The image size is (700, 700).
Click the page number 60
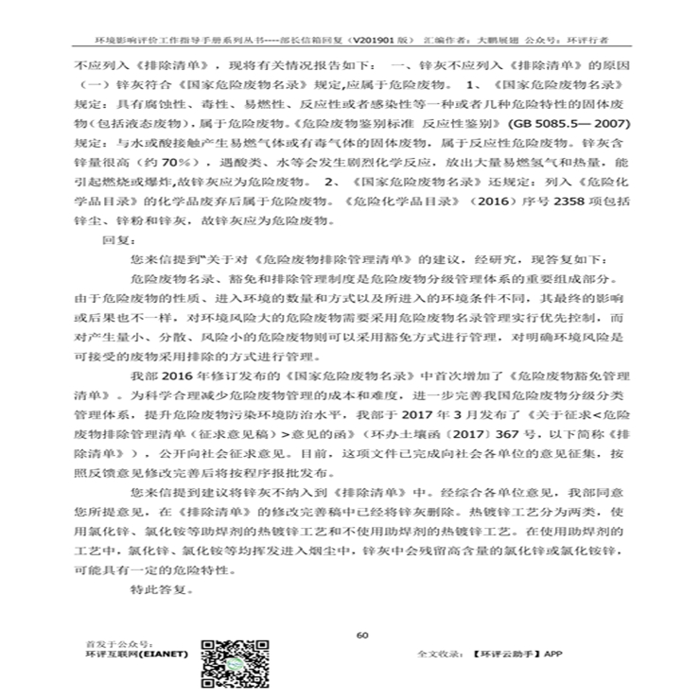pyautogui.click(x=361, y=634)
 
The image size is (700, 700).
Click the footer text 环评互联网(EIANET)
pyautogui.click(x=135, y=654)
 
